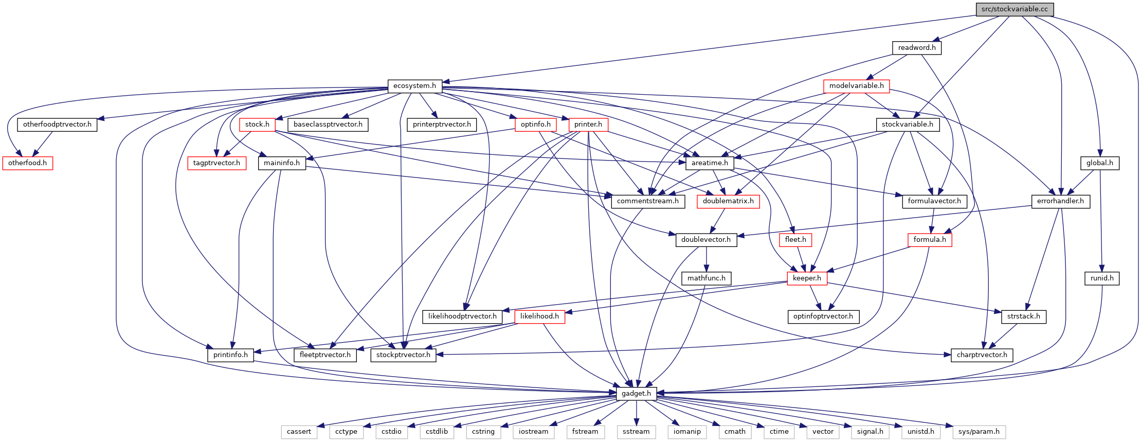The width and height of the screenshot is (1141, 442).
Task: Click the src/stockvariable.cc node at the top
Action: point(1015,9)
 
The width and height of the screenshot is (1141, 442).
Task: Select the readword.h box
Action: point(917,48)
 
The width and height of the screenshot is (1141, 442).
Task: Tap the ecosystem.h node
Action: point(414,86)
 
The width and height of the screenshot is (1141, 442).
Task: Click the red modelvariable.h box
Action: point(857,86)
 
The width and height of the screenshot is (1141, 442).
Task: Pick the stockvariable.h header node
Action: point(908,125)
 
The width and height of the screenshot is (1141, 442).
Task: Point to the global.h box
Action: point(1100,163)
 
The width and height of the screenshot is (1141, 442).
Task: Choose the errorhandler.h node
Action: point(1060,201)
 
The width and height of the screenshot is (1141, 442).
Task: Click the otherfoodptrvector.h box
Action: point(57,125)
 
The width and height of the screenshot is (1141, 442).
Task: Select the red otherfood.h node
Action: point(28,163)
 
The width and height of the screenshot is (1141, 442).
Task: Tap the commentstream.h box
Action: point(648,201)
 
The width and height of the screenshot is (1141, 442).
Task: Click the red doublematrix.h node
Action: point(728,201)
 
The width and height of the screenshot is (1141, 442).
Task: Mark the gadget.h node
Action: point(637,394)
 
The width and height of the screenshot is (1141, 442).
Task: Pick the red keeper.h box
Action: point(807,278)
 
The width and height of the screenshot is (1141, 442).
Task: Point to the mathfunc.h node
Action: point(707,278)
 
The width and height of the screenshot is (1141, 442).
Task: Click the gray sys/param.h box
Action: point(979,432)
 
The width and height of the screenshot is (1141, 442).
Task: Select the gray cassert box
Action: point(299,432)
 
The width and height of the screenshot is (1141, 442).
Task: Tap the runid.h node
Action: point(1102,278)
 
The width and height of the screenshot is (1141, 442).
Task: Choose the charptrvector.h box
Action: point(982,355)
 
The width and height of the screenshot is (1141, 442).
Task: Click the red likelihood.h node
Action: point(539,316)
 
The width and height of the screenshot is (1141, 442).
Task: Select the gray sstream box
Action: point(636,432)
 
